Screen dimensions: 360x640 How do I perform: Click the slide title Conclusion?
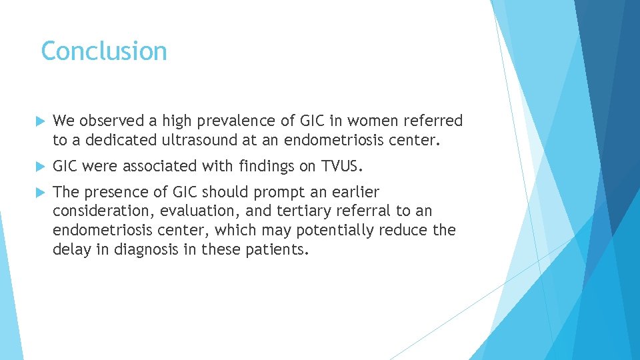click(x=103, y=51)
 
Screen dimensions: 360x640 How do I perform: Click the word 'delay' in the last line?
click(x=71, y=250)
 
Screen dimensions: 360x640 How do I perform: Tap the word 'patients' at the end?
click(x=283, y=250)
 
